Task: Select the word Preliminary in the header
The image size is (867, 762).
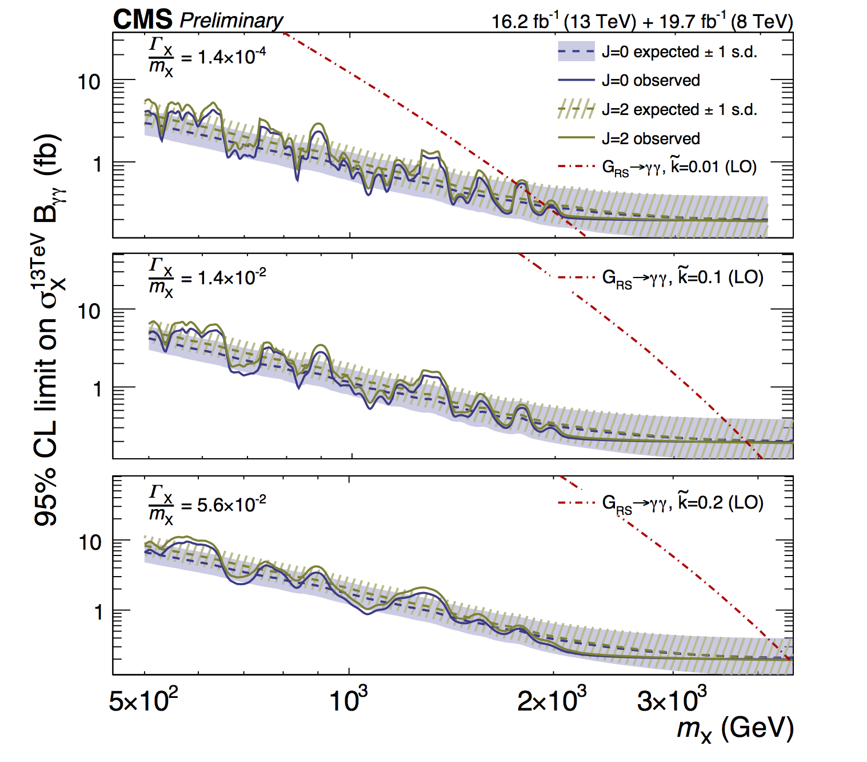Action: tap(231, 21)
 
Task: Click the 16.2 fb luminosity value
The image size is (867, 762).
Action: tap(525, 22)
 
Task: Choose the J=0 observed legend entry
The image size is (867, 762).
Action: tap(650, 80)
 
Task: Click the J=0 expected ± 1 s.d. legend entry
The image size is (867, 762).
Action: tap(679, 51)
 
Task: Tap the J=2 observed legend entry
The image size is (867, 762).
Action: tap(650, 138)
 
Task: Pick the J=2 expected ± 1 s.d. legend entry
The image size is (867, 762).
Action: tap(679, 109)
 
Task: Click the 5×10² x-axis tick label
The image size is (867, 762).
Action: tap(143, 700)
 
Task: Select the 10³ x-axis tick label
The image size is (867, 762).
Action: tap(349, 700)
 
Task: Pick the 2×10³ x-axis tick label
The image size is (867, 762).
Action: tap(552, 700)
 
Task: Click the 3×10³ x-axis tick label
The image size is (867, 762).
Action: tap(672, 700)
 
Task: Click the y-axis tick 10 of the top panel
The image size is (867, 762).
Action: tap(90, 82)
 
